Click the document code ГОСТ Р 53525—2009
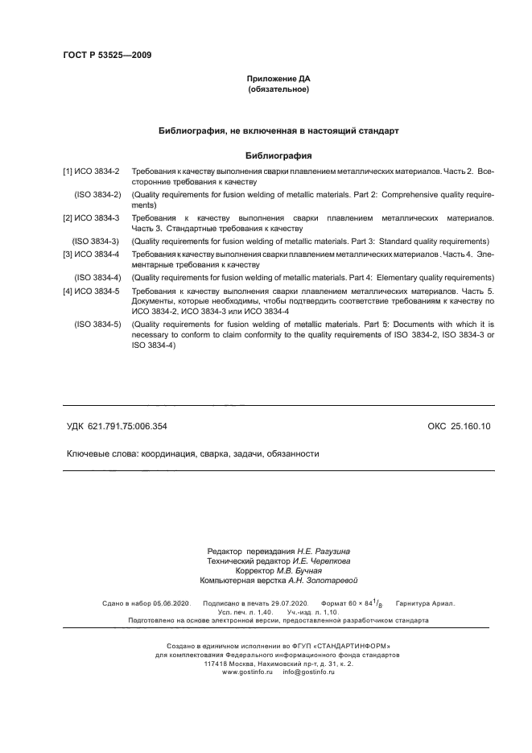[107, 55]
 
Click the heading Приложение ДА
[278, 79]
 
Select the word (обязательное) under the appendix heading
[278, 89]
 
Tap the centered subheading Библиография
[278, 155]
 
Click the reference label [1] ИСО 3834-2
[91, 172]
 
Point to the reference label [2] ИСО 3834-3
[91, 218]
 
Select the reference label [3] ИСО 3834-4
[91, 254]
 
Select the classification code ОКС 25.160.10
[459, 426]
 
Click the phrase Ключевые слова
[102, 453]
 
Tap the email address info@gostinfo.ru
[308, 672]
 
